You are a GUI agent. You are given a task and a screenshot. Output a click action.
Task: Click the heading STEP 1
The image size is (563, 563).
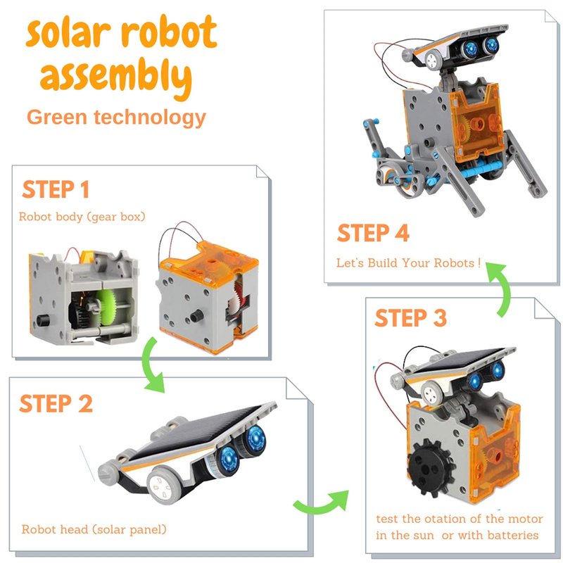(56, 189)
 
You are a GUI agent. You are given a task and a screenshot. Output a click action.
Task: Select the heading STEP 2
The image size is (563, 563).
(56, 403)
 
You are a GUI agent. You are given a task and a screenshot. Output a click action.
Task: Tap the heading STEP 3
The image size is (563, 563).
(410, 318)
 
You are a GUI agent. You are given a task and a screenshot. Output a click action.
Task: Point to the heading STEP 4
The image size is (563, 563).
(373, 233)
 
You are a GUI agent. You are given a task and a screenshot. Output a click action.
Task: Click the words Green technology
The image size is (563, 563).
(116, 118)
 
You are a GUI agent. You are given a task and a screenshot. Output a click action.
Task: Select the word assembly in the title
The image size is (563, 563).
(116, 77)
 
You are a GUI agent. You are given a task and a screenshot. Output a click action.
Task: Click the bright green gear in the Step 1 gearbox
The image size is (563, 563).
(107, 307)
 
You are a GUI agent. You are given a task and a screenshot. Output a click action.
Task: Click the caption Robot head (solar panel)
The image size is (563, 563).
(94, 529)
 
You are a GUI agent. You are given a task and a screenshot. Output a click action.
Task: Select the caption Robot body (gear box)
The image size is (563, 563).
(82, 217)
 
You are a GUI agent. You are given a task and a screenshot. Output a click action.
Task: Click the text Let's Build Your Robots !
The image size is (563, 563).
(408, 262)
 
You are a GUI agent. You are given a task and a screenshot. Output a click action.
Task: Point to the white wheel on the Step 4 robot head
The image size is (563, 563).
(432, 60)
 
